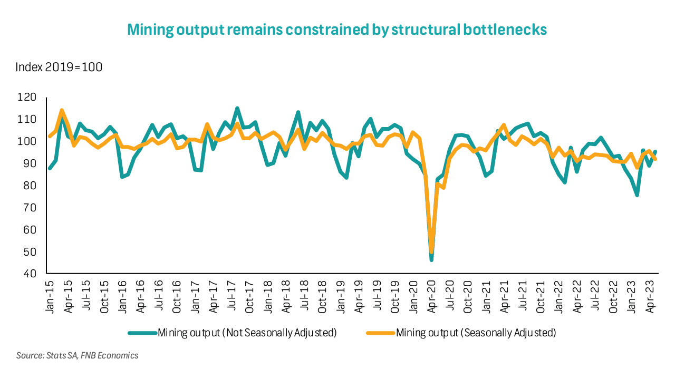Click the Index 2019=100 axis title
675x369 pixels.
59,67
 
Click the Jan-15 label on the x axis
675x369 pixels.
50,298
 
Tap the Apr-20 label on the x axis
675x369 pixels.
432,298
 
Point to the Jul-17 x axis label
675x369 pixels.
233,298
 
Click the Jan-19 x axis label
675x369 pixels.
341,298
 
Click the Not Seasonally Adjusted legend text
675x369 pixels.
247,333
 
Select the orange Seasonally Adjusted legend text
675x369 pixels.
476,333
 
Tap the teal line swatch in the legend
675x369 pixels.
142,333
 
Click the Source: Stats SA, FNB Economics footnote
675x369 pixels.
78,356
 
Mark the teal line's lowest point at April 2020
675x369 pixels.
431,260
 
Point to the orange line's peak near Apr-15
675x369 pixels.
62,110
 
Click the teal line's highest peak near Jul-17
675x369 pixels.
237,108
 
